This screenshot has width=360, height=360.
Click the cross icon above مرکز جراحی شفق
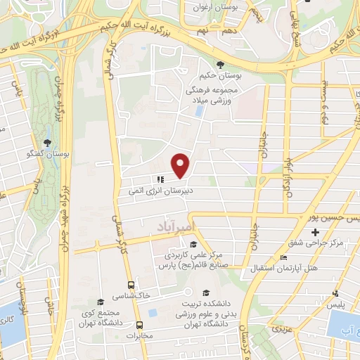pyautogui.click(x=315, y=232)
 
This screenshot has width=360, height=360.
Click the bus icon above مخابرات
pyautogui.click(x=139, y=325)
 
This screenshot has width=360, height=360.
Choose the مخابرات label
pyautogui.click(x=139, y=335)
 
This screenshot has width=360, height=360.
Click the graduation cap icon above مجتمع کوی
pyautogui.click(x=101, y=301)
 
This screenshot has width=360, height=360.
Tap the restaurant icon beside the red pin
pyautogui.click(x=160, y=179)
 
